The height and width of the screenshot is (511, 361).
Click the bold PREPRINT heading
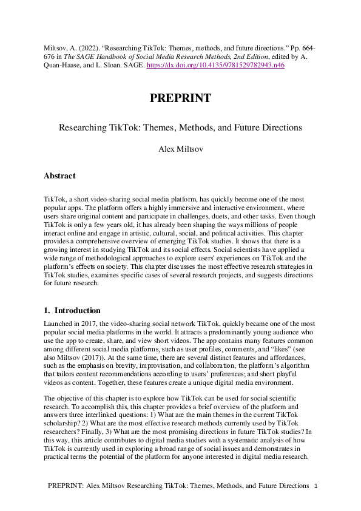click(x=180, y=98)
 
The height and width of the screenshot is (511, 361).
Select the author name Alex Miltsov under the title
click(x=180, y=147)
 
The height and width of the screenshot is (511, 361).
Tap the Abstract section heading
click(x=59, y=176)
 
